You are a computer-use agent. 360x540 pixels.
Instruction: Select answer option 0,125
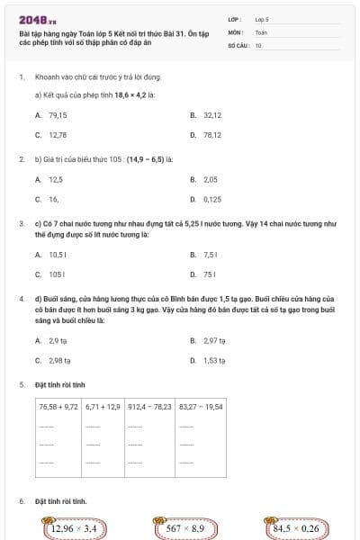pyautogui.click(x=212, y=199)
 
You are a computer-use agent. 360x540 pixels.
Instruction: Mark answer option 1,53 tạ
pyautogui.click(x=214, y=360)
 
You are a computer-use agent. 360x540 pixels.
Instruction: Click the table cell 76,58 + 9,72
pyautogui.click(x=59, y=407)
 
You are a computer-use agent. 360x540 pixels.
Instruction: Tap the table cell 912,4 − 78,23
pyautogui.click(x=150, y=407)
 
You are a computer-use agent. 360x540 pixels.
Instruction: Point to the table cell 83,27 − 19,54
pyautogui.click(x=201, y=407)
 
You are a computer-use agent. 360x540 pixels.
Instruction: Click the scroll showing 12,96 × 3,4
pyautogui.click(x=74, y=528)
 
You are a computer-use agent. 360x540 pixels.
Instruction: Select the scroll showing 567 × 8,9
pyautogui.click(x=185, y=528)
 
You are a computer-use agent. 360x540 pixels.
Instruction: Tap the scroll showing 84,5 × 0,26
pyautogui.click(x=296, y=528)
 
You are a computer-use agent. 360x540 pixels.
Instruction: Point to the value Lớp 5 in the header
pyautogui.click(x=262, y=18)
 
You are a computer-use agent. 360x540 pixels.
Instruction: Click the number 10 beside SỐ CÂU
pyautogui.click(x=258, y=44)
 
